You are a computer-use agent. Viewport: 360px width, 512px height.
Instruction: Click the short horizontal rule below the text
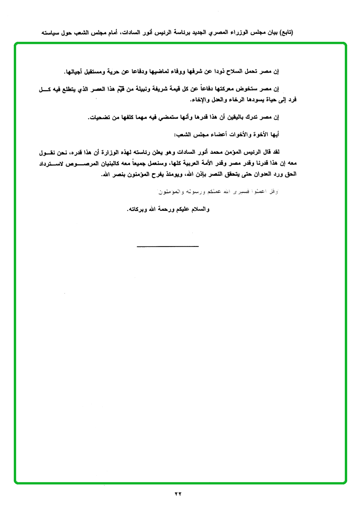[x=168, y=246]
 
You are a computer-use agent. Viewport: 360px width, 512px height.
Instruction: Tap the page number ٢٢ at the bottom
[x=178, y=493]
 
